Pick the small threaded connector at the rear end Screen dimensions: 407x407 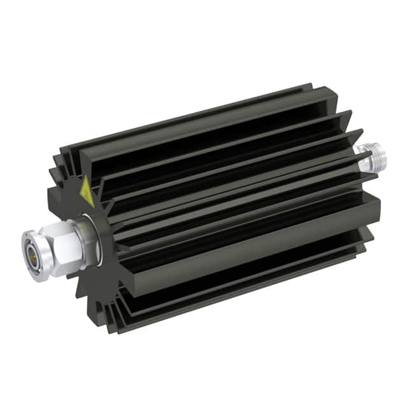tap(367, 156)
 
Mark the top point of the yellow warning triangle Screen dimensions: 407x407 tap(85, 177)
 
